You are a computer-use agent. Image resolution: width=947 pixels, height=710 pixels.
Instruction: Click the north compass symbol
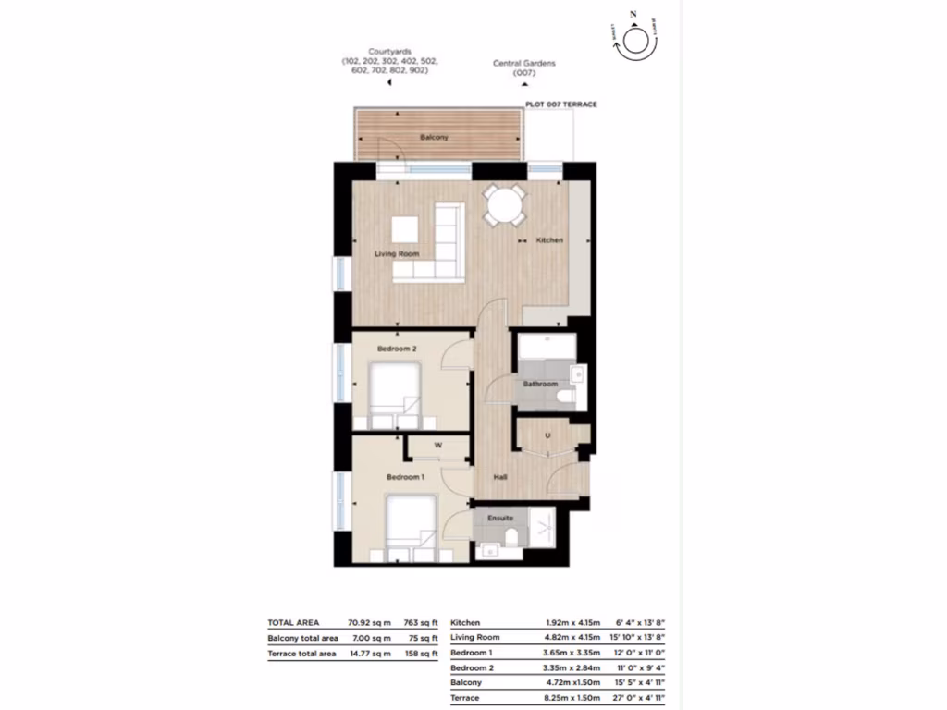635,41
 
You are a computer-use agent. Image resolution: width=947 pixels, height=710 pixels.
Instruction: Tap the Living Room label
397,253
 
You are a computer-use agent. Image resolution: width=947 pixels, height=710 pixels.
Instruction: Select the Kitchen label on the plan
549,240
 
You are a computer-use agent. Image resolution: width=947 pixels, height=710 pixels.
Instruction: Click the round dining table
505,205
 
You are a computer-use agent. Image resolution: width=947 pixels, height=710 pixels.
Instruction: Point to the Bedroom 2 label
395,349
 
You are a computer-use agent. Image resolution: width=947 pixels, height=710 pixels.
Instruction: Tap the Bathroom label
540,384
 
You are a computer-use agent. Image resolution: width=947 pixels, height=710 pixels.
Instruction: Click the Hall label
500,478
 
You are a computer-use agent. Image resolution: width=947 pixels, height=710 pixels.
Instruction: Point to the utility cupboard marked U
547,435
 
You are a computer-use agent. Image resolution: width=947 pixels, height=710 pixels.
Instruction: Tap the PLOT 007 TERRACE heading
560,105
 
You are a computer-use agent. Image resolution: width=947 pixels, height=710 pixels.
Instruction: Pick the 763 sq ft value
421,623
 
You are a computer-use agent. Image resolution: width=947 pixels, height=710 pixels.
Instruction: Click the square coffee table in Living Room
404,228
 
